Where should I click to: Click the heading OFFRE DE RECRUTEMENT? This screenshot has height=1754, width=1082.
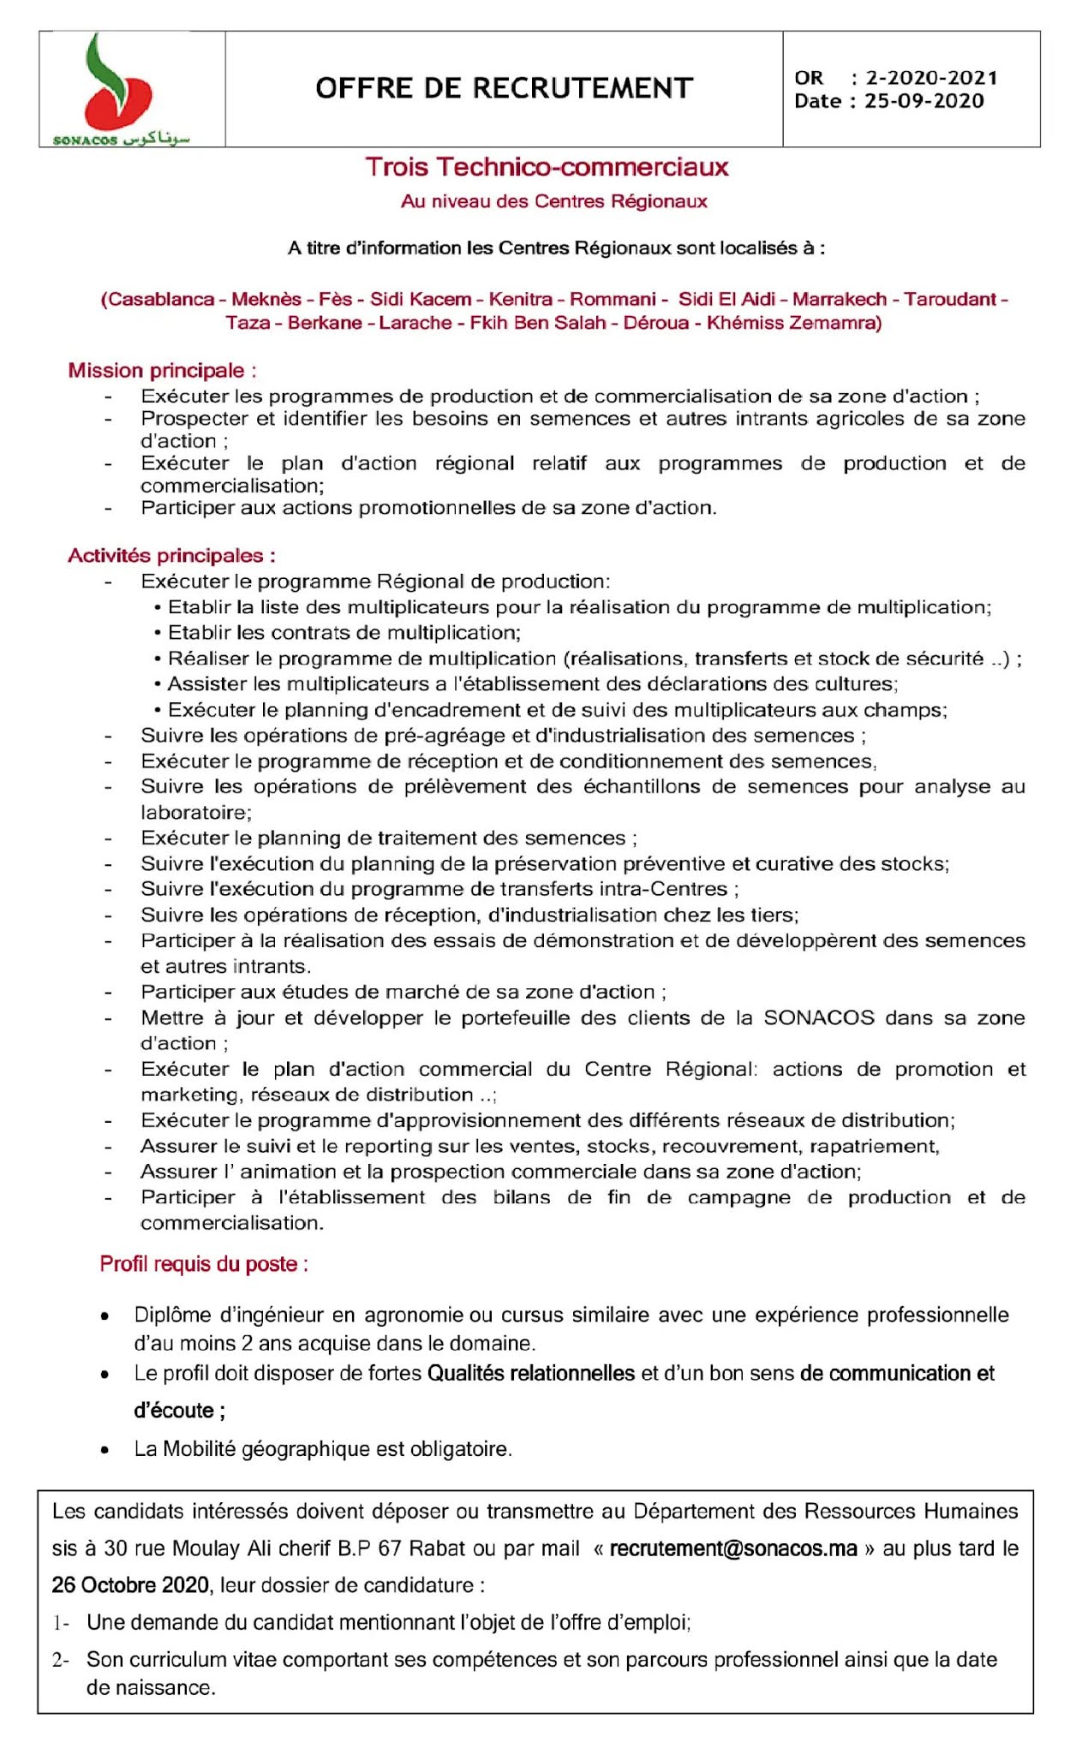click(x=504, y=88)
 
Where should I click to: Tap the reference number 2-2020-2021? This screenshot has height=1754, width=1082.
click(x=931, y=78)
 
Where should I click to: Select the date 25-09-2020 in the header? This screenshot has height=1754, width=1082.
click(x=924, y=101)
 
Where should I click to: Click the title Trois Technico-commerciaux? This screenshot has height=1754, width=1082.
click(x=547, y=167)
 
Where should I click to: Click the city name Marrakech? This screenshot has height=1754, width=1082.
click(x=840, y=300)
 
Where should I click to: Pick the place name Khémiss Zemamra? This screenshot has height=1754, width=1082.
click(x=793, y=323)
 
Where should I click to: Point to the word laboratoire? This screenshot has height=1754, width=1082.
click(x=194, y=812)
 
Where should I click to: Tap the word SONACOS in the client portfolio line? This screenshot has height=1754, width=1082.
click(x=819, y=1017)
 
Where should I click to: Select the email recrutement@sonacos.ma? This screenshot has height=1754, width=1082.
click(x=733, y=1548)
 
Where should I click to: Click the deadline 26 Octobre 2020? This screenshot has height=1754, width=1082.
click(x=130, y=1585)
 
